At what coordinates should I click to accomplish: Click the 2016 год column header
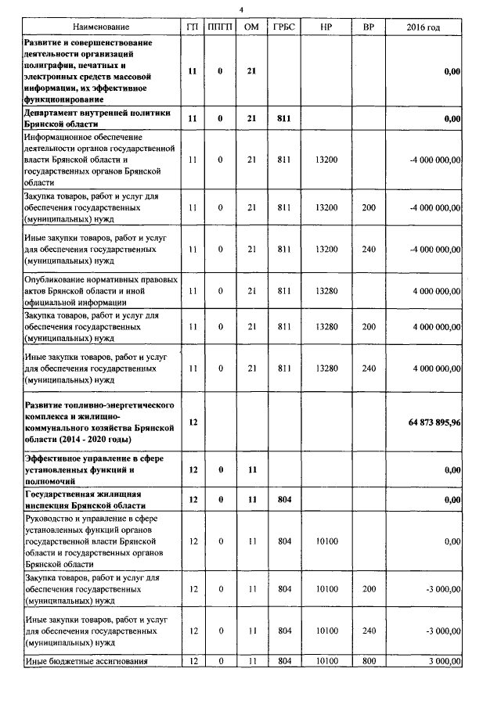[424, 27]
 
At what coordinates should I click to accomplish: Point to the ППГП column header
[220, 27]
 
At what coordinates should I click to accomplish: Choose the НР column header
[326, 27]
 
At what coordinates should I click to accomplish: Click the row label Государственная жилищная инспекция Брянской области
[83, 499]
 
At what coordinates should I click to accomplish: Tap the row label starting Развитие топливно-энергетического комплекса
[99, 422]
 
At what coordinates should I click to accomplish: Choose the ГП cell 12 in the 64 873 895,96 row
[193, 422]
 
